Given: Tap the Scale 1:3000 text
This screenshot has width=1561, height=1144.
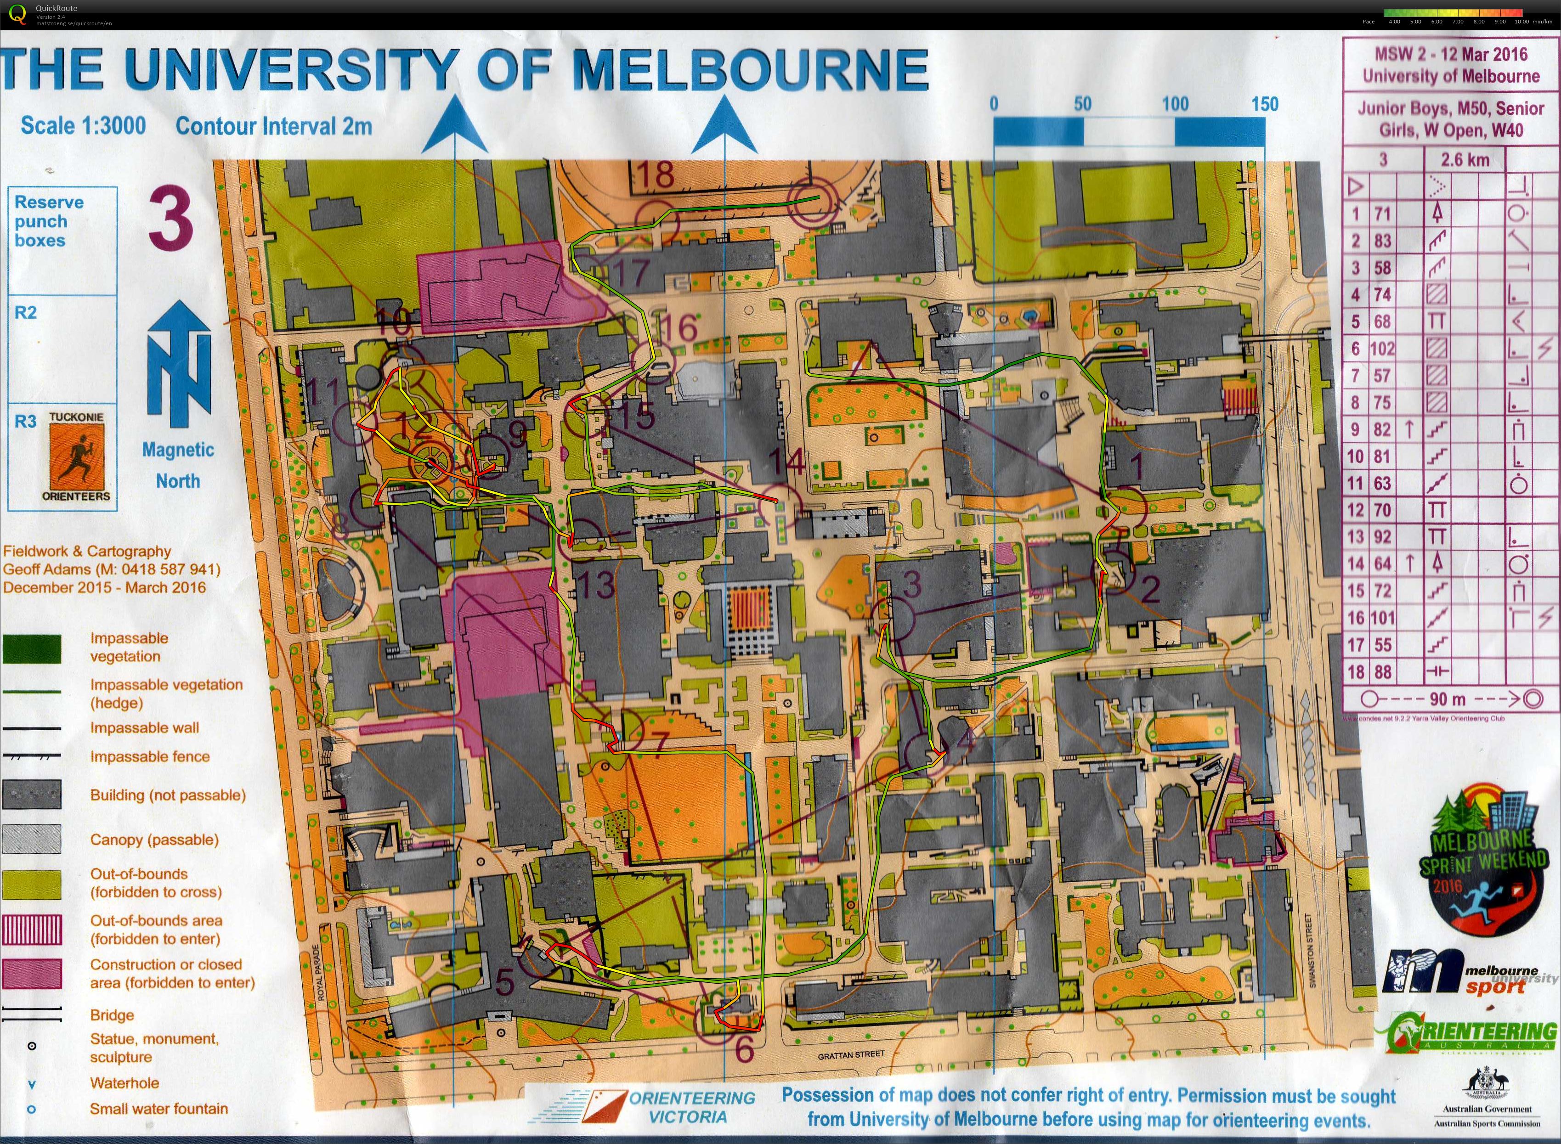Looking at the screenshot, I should click(83, 125).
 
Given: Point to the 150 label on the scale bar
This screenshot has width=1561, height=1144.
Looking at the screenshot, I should click(1265, 105).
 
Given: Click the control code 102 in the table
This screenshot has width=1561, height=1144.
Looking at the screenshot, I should click(1382, 348).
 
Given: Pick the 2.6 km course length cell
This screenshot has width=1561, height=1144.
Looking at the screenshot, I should click(1465, 160).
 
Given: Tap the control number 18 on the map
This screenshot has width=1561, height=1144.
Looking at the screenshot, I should click(655, 175).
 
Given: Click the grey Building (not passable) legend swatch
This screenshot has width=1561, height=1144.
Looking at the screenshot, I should click(32, 795).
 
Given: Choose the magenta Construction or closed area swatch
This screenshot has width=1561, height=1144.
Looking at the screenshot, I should click(32, 973).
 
